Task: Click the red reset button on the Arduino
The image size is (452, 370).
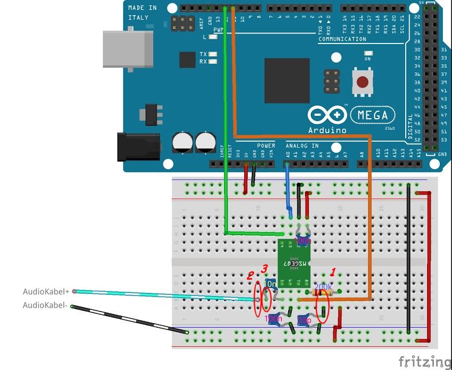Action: [x=362, y=83]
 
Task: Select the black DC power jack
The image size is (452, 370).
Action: [x=138, y=146]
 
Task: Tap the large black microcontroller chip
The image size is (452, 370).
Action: [x=287, y=80]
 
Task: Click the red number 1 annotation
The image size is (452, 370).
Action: [x=333, y=271]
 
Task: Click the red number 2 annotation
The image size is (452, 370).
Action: [x=250, y=276]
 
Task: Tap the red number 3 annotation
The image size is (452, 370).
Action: [x=264, y=268]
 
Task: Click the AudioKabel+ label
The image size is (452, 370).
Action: [x=46, y=291]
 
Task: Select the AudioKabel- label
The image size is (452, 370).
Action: [x=46, y=305]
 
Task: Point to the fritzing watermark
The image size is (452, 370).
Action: [x=424, y=361]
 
